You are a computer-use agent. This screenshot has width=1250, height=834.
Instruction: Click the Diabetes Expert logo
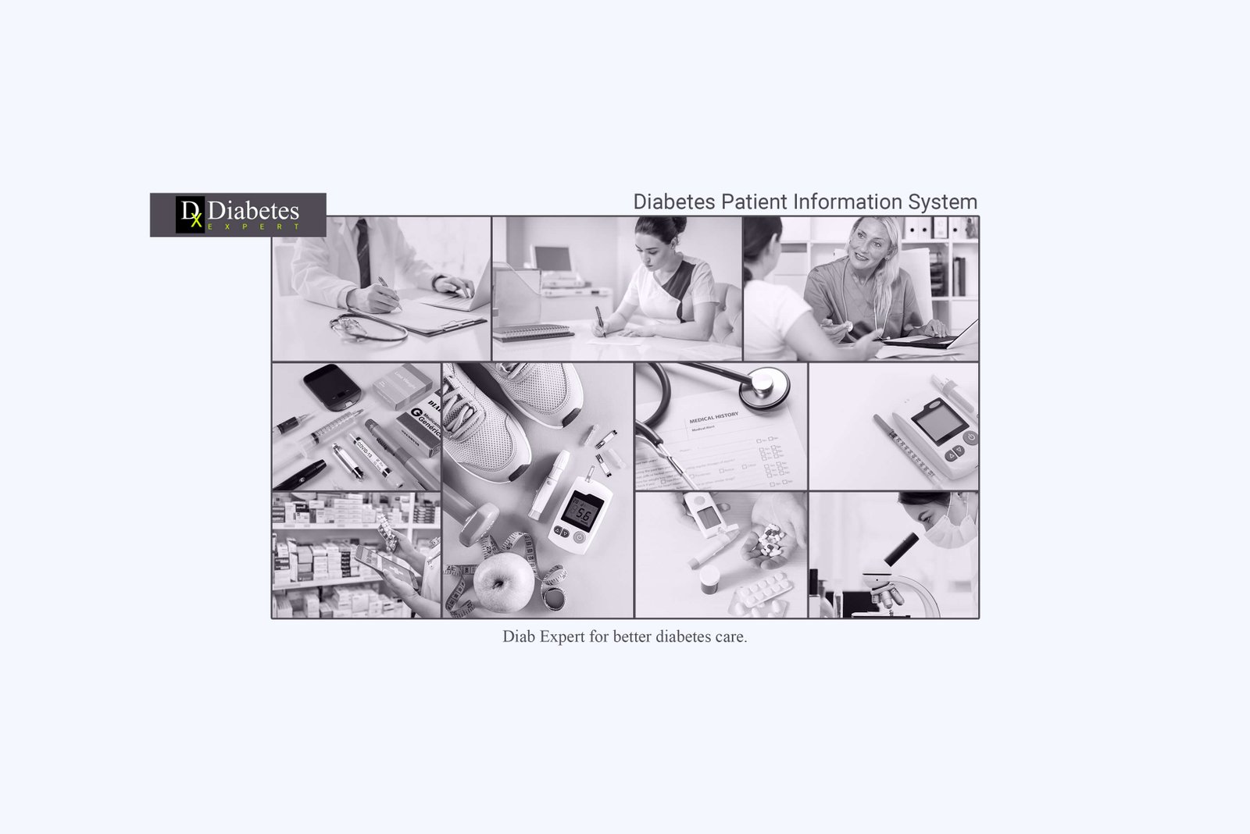click(x=237, y=214)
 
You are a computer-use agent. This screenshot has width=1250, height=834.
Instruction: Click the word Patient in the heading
click(x=755, y=201)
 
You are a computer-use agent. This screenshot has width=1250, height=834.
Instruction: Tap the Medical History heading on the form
click(x=713, y=418)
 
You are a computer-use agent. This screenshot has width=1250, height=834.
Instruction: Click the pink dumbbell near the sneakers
click(x=478, y=524)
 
